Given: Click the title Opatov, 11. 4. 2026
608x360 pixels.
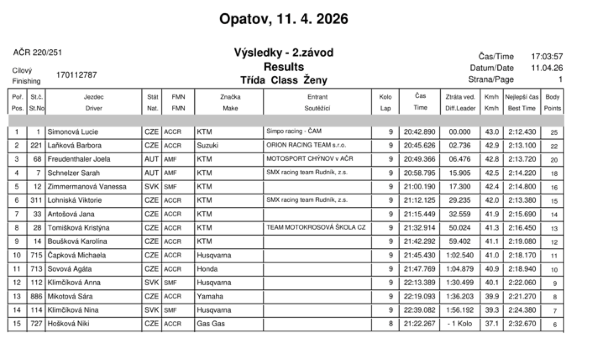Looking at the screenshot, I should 283,19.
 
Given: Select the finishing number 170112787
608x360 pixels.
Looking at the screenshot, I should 77,75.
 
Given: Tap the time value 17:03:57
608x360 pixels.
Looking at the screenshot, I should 547,57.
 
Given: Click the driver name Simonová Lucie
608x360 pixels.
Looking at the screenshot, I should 73,132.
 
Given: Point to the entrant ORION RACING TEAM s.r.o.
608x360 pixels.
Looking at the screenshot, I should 306,145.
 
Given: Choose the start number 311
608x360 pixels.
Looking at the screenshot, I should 36,200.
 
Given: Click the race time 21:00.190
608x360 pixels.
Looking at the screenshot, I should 419,187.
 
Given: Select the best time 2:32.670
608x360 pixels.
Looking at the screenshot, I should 522,324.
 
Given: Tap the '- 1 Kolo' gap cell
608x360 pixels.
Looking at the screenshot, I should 459,324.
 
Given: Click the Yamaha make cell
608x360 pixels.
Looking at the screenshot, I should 210,296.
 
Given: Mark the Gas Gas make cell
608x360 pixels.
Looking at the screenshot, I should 211,324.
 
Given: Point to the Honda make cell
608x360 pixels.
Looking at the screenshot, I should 207,269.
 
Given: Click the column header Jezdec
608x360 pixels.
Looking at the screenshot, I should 93,97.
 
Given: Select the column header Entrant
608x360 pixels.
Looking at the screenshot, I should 317,97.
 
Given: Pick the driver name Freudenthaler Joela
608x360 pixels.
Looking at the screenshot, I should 79,159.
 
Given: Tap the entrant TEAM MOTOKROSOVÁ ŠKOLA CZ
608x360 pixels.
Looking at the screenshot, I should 316,228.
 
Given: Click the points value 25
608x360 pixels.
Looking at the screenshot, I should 554,132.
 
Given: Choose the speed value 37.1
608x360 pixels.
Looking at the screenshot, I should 492,324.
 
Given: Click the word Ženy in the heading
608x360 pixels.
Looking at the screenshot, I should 315,80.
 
